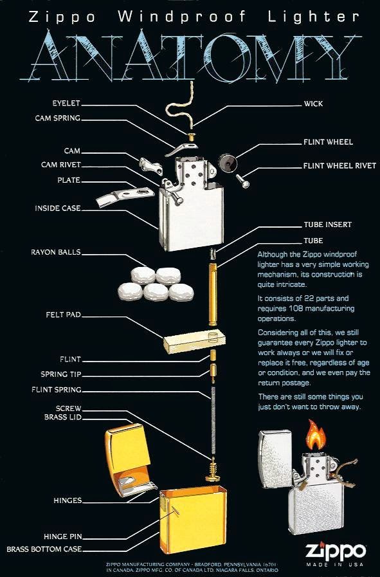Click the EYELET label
pos(66,103)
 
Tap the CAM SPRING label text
pos(58,118)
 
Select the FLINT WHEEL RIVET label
pos(339,165)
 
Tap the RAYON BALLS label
pos(56,252)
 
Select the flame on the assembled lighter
pos(314,435)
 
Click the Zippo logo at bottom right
pos(335,551)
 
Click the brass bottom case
pos(192,521)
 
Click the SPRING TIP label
pos(62,374)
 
